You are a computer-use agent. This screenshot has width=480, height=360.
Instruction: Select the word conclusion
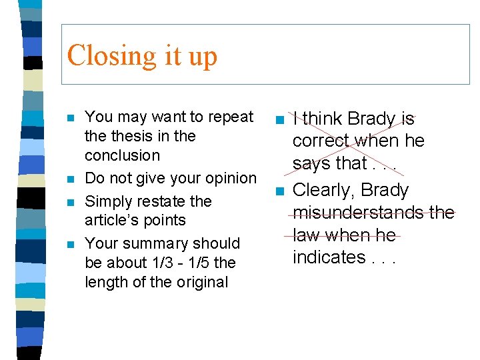[122, 155]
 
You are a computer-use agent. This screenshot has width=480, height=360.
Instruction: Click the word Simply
[108, 201]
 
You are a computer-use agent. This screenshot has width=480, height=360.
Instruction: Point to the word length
[106, 282]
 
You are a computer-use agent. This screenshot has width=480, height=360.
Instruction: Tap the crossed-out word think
[323, 119]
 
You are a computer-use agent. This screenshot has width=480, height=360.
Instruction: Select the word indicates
[329, 257]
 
